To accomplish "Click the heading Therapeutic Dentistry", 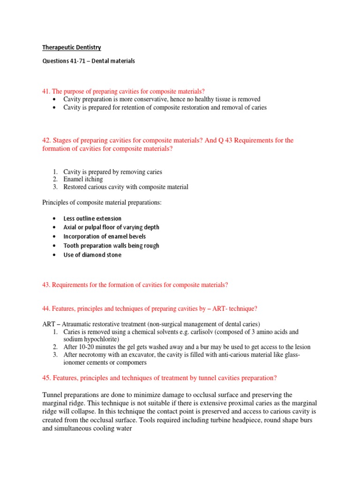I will [72, 47].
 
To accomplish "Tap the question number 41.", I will [46, 91].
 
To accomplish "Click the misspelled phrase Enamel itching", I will [83, 179].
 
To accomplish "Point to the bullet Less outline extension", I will [92, 218].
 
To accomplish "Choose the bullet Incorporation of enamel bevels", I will [105, 237].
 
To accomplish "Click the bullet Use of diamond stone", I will [92, 255].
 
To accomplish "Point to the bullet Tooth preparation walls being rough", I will [111, 246].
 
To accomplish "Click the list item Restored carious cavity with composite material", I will [126, 187].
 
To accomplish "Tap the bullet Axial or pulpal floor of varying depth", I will [111, 227].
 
